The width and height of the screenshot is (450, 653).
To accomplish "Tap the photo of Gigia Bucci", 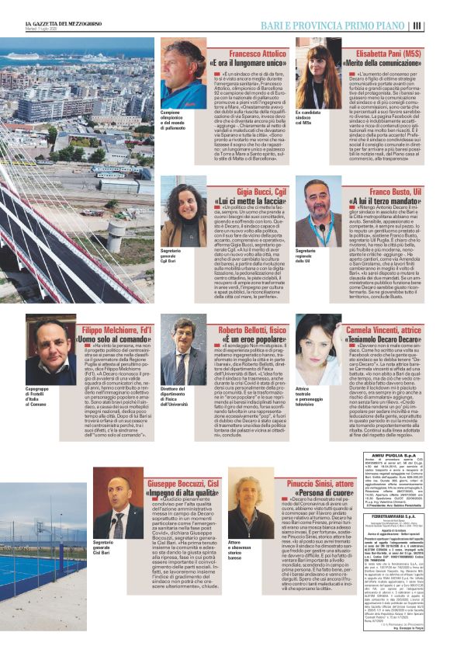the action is click(183, 211).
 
